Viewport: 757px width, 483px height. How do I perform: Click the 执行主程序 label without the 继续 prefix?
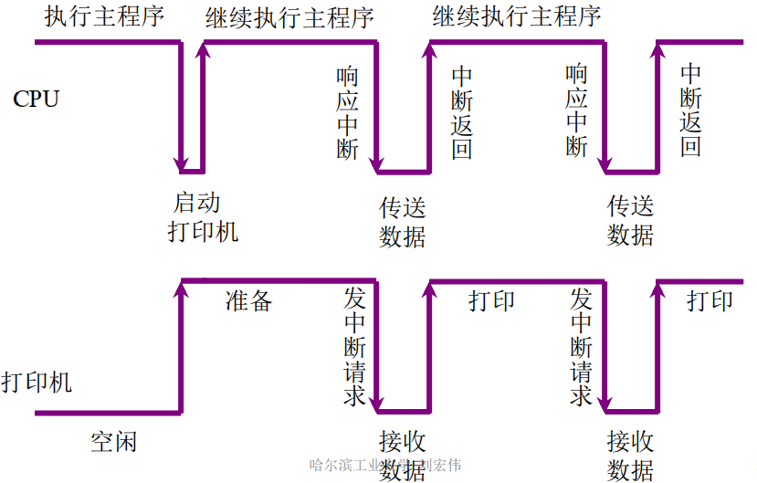pos(104,16)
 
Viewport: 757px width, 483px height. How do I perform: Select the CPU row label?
pos(36,100)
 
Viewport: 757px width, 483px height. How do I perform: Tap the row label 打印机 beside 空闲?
pos(37,382)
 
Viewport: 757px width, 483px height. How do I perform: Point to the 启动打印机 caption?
pos(203,217)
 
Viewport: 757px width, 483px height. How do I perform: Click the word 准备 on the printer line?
pos(248,300)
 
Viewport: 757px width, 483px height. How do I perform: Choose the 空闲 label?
pos(114,443)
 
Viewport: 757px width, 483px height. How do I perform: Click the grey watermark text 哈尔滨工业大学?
pos(356,466)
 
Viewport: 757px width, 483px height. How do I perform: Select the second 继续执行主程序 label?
pos(517,16)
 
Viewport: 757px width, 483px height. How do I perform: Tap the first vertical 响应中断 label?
pos(348,112)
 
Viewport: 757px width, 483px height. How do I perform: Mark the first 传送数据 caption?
pos(403,221)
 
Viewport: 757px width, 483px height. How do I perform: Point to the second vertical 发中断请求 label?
pos(582,347)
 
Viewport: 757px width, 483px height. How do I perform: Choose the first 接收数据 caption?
pos(403,455)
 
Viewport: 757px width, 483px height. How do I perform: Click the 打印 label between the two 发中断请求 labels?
pos(492,300)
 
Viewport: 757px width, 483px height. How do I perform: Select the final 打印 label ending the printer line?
pos(710,300)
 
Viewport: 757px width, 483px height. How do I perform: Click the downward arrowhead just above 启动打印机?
pos(180,163)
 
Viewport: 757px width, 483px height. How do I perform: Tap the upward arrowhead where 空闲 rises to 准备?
pos(182,289)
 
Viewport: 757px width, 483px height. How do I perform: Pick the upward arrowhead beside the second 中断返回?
pos(657,50)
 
